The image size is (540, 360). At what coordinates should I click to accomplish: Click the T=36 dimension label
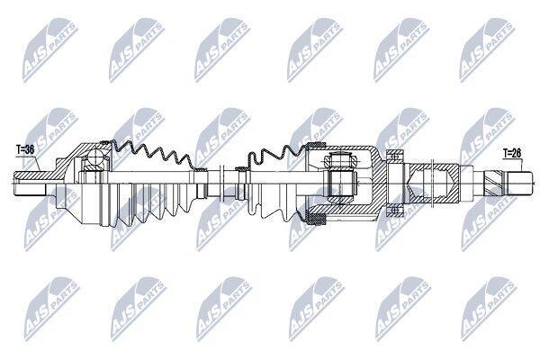pos(25,150)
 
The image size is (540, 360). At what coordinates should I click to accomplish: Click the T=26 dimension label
pos(512,153)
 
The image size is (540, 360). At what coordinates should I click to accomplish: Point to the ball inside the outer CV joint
pos(94,157)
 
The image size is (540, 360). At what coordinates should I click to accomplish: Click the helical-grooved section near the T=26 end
pos(494,184)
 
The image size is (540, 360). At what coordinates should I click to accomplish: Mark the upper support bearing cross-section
pos(394,156)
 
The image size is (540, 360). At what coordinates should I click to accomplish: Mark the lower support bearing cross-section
pos(394,211)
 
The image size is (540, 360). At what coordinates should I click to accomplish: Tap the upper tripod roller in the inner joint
pos(340,161)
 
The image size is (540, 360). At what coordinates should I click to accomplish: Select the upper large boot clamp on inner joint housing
pos(315,145)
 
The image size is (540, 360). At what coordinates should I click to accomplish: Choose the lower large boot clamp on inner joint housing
pos(316,219)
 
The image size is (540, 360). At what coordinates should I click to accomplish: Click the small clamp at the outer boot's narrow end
pos(201,170)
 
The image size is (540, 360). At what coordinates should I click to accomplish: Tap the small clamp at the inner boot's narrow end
pos(241,169)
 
